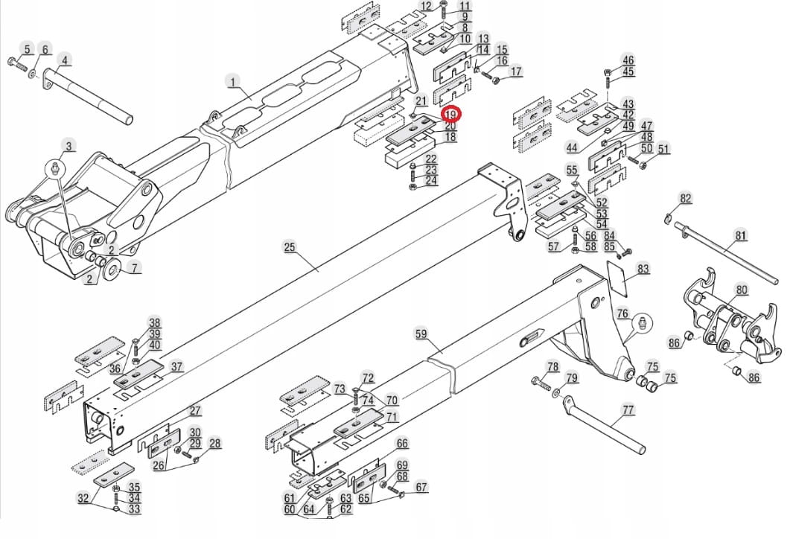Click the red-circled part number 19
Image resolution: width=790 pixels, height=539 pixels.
[x=451, y=115]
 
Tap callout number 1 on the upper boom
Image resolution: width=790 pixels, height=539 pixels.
[x=232, y=81]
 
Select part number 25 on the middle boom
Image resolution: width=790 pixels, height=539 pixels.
[x=290, y=247]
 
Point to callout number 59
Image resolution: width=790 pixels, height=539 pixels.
[x=421, y=335]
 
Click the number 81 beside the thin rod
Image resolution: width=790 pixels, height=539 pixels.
[x=741, y=236]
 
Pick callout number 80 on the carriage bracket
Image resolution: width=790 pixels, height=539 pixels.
[x=742, y=290]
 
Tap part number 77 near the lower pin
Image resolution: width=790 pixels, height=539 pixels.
[x=628, y=409]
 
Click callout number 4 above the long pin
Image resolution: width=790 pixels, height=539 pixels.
[x=65, y=60]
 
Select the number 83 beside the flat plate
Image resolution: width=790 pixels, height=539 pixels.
[x=643, y=269]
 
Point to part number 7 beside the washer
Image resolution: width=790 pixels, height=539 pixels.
[x=133, y=267]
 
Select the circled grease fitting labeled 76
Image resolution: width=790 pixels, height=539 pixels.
[x=642, y=322]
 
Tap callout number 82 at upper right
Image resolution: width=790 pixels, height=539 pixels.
[x=686, y=198]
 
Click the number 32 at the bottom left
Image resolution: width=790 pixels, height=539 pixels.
[x=83, y=498]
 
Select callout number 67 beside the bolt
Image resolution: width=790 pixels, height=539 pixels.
[x=422, y=488]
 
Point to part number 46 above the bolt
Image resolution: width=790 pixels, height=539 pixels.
[x=628, y=60]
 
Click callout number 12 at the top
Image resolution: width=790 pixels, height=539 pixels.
[x=426, y=7]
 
